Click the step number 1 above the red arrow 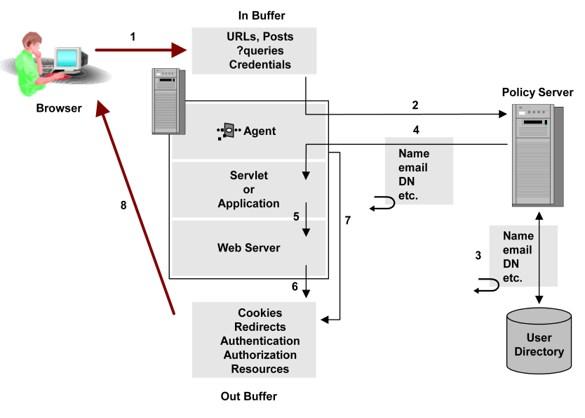tap(133, 37)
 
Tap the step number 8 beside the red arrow tap(123, 206)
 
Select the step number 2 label tap(415, 105)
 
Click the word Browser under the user tap(59, 108)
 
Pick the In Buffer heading tap(262, 15)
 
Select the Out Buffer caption tap(249, 396)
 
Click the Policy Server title tap(537, 93)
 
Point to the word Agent tap(260, 131)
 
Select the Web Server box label tap(248, 247)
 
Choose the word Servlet tap(248, 176)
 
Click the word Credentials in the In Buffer tap(260, 65)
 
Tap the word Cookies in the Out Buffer tap(260, 313)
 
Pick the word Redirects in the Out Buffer tap(260, 327)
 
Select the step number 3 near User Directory tap(478, 256)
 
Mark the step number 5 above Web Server tap(297, 217)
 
